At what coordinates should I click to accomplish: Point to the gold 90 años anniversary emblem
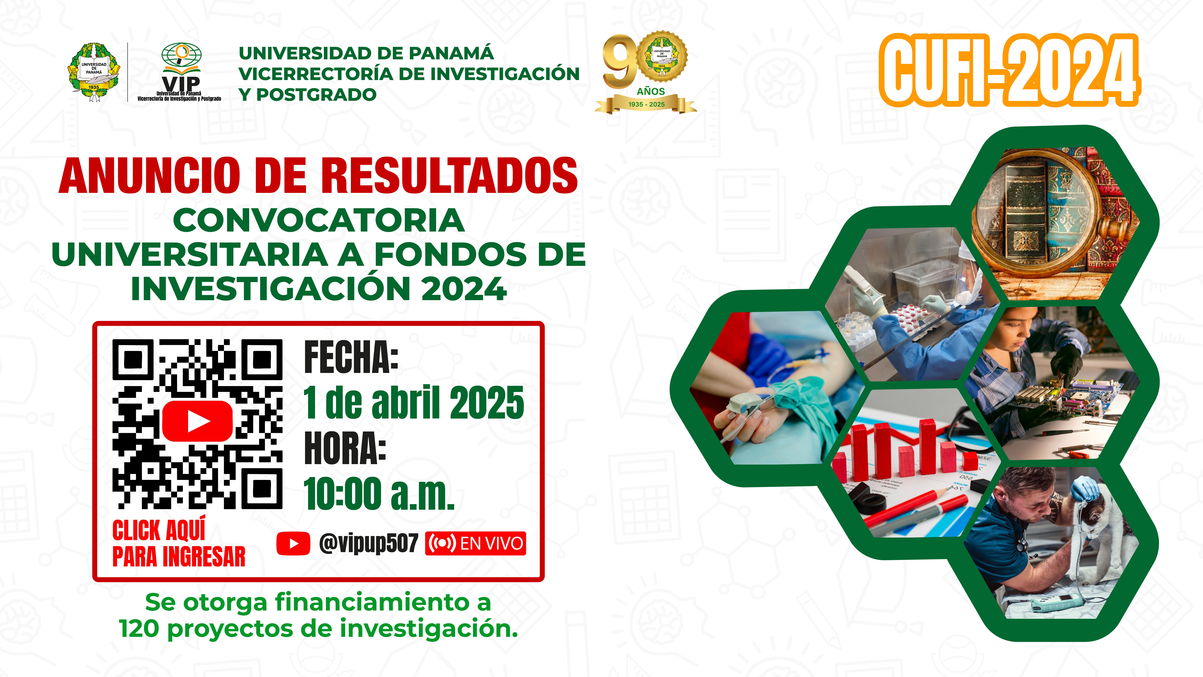pyautogui.click(x=646, y=72)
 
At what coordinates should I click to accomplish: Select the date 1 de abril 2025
pyautogui.click(x=414, y=402)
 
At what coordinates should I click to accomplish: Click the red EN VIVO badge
pyautogui.click(x=475, y=543)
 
